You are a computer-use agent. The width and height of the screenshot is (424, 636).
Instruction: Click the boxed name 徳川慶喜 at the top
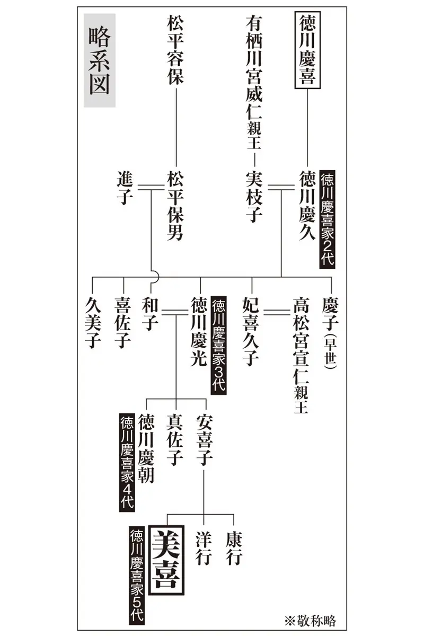click(x=307, y=50)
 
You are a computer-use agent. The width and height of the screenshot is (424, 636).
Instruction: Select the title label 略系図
click(x=99, y=61)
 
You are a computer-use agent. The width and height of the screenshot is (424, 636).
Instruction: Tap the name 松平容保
click(x=175, y=50)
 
